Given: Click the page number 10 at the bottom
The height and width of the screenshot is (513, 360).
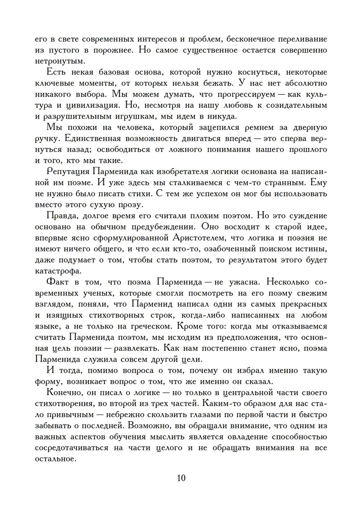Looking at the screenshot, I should [181, 478].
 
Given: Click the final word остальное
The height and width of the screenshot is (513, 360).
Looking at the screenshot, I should [56, 459].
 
